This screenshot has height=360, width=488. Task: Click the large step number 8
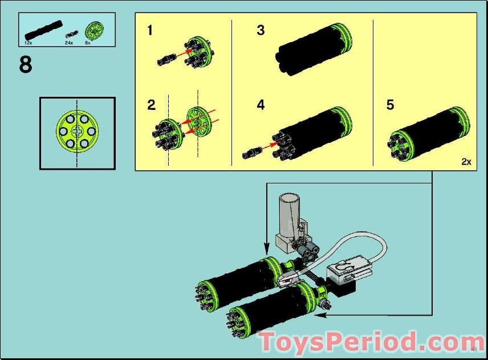[26, 64]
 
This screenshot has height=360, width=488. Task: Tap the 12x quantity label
[28, 43]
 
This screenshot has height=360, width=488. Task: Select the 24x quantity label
[70, 43]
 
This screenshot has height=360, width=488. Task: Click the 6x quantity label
[88, 43]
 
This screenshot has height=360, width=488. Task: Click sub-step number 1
[150, 30]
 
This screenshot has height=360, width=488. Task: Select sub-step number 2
[151, 105]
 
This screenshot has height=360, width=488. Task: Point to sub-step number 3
[261, 30]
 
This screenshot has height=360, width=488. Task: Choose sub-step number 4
[261, 105]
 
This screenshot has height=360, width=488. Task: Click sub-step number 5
[390, 105]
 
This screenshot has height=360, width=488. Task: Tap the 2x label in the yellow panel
[466, 162]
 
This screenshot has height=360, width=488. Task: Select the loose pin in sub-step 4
[253, 152]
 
